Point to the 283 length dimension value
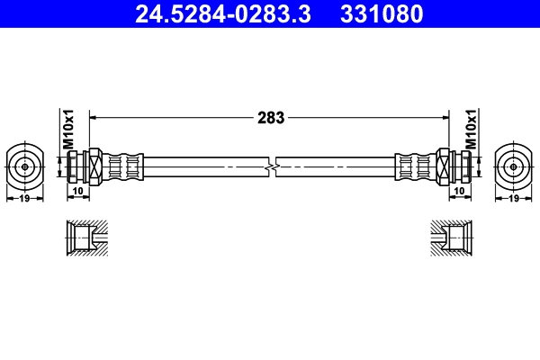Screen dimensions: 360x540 [271, 117]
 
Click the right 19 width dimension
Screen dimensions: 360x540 [514, 199]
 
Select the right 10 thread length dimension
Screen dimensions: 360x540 [459, 191]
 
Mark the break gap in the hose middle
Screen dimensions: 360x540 [272, 166]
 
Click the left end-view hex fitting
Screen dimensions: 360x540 [24, 166]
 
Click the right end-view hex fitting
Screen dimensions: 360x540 [514, 166]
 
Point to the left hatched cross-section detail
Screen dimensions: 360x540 [87, 238]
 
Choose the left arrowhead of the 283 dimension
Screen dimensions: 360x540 [93, 117]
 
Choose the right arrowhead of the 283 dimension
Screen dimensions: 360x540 [445, 117]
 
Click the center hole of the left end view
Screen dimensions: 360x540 [24, 166]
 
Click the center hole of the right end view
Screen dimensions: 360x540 [514, 166]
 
